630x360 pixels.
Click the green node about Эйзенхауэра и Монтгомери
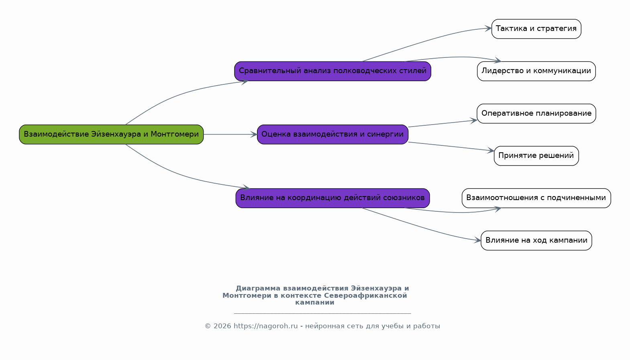pos(111,135)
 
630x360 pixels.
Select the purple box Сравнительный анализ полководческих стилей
pos(332,71)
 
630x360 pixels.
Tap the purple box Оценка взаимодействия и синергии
pos(332,135)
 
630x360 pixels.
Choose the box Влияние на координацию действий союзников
pos(332,198)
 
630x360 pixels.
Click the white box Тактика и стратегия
pos(536,29)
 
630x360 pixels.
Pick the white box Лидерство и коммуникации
pos(536,71)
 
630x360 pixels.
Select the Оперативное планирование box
pos(536,113)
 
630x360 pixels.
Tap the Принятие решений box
pos(536,155)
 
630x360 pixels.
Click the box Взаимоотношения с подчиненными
pos(536,198)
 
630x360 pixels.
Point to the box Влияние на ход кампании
pos(536,240)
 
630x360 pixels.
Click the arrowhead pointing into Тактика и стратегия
pos(488,29)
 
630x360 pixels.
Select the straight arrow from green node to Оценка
pos(230,135)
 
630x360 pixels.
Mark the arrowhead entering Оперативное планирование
pos(474,121)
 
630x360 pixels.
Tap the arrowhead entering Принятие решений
pos(491,151)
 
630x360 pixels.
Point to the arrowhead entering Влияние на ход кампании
pos(477,240)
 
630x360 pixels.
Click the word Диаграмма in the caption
pos(258,288)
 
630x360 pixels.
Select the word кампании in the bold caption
pos(315,303)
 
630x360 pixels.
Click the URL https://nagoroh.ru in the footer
pos(265,326)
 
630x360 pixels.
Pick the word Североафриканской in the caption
pos(365,296)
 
